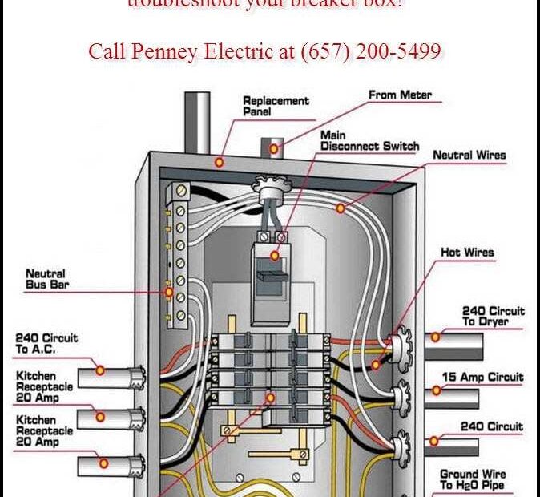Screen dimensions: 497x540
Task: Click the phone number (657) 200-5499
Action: (371, 52)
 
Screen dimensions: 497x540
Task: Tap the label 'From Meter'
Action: (400, 95)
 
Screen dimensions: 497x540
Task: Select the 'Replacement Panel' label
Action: (276, 107)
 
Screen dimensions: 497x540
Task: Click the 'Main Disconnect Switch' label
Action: (369, 141)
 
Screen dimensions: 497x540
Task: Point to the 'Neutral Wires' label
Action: (469, 155)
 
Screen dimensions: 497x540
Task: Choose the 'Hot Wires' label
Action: (467, 253)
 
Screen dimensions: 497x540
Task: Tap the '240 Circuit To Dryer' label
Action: (494, 316)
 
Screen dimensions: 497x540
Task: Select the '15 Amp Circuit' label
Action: (493, 378)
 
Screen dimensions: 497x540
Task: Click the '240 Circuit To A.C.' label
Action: (46, 344)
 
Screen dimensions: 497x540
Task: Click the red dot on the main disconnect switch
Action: (275, 256)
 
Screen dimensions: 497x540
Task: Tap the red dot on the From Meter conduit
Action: (274, 149)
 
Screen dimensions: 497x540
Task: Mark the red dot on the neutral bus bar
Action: (168, 293)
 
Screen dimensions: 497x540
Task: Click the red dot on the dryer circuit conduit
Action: (435, 337)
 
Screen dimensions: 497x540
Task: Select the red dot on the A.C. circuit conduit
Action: (100, 370)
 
